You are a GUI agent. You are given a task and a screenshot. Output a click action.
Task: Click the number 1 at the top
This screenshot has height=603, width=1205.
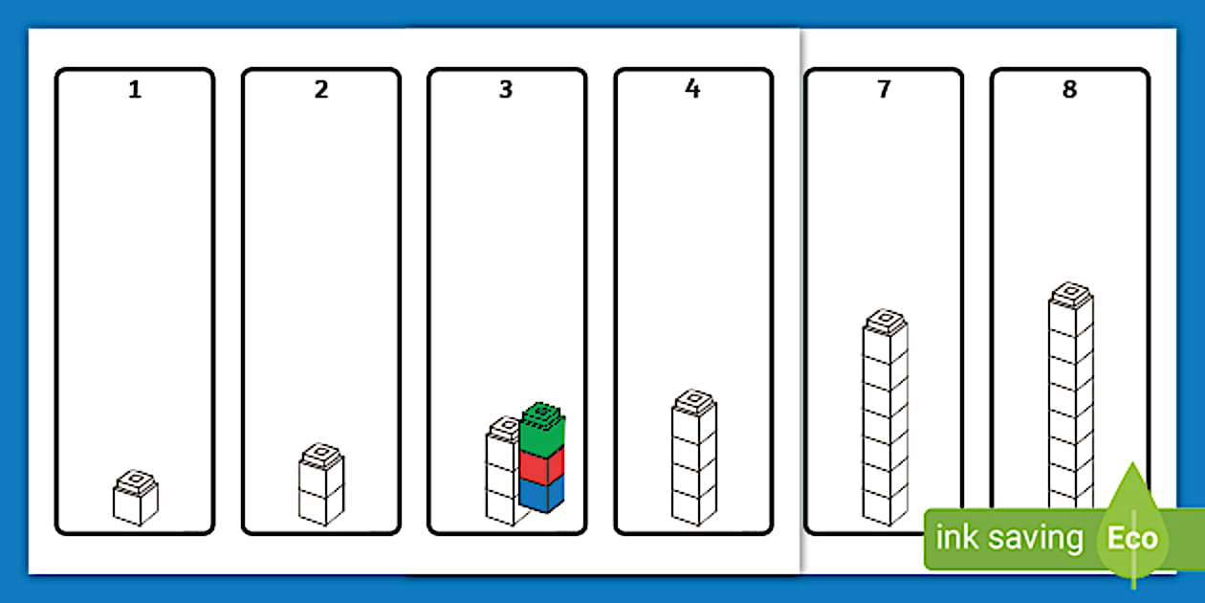[x=135, y=89]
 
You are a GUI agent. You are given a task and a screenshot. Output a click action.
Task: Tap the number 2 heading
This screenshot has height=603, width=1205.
[x=321, y=89]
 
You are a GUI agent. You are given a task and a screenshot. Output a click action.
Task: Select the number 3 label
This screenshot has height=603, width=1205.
[x=506, y=89]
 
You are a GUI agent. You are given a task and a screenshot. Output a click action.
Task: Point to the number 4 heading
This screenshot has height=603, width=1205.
[x=692, y=89]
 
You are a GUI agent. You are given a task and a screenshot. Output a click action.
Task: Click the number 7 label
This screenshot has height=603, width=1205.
[x=884, y=89]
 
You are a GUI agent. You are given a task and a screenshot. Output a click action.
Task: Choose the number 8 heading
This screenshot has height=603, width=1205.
[x=1069, y=89]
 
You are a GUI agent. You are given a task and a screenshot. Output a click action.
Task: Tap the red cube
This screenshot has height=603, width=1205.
[x=542, y=467]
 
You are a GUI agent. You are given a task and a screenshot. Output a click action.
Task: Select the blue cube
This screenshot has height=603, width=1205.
[x=542, y=494]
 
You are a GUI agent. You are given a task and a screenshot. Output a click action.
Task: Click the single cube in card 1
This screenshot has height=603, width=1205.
[x=136, y=498]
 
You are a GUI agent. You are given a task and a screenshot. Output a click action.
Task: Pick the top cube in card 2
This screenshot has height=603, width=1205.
[x=321, y=469]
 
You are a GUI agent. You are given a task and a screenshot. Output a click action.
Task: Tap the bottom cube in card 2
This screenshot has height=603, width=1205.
[x=321, y=505]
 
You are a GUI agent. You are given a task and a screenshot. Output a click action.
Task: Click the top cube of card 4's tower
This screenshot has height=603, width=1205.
[x=694, y=415]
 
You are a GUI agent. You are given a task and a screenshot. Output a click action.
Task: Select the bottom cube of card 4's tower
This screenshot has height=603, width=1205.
[x=694, y=506]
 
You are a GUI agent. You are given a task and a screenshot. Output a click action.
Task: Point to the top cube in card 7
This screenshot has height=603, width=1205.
[x=886, y=335]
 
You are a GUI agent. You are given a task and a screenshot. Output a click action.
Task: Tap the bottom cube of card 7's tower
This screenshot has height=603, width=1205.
[x=886, y=506]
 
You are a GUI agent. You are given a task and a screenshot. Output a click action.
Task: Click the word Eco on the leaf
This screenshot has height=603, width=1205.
[x=1132, y=538]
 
